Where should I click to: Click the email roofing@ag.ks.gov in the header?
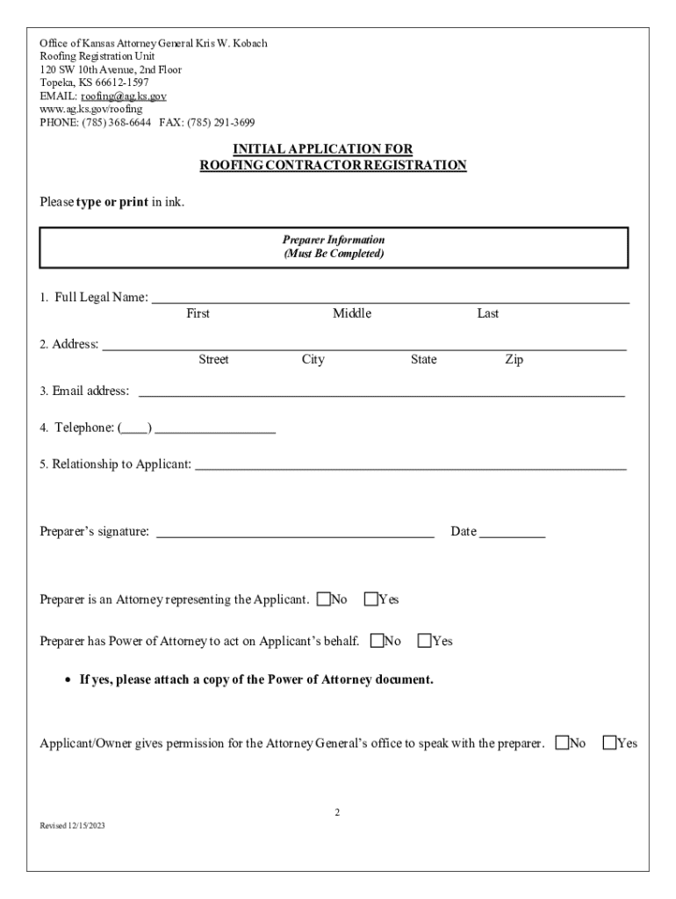coord(124,96)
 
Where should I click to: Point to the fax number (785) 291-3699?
coord(227,122)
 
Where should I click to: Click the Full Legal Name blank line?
coord(391,300)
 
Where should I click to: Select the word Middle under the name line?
coord(352,313)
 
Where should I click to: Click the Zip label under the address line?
coord(514,360)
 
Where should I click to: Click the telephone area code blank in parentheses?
coord(135,430)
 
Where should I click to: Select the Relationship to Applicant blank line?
coord(410,468)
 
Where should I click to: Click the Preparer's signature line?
coord(295,534)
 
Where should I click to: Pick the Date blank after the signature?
coord(513,534)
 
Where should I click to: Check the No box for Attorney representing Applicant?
coord(324,600)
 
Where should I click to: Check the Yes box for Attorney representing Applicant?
coord(371,600)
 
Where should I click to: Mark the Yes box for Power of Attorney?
coord(425,642)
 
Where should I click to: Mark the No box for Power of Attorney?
coord(378,642)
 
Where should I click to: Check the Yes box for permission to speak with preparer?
coord(610,744)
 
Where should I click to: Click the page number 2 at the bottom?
coord(337,812)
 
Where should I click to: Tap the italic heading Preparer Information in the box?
coord(334,240)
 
